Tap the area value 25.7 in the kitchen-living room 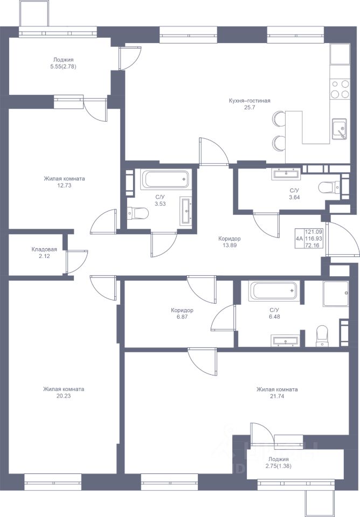[250, 107]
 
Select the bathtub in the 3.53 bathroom [165, 179]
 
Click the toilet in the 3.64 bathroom [329, 187]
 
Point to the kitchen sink [339, 129]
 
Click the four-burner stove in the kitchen [340, 89]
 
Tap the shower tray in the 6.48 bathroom [336, 294]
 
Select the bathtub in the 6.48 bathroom [274, 290]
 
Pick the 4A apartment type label [299, 239]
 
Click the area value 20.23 [64, 396]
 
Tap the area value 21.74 [277, 396]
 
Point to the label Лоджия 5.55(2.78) [64, 63]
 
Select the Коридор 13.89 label [230, 242]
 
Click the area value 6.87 [182, 317]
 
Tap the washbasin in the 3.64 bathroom [286, 174]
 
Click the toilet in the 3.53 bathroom [138, 213]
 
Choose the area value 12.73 [64, 185]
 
